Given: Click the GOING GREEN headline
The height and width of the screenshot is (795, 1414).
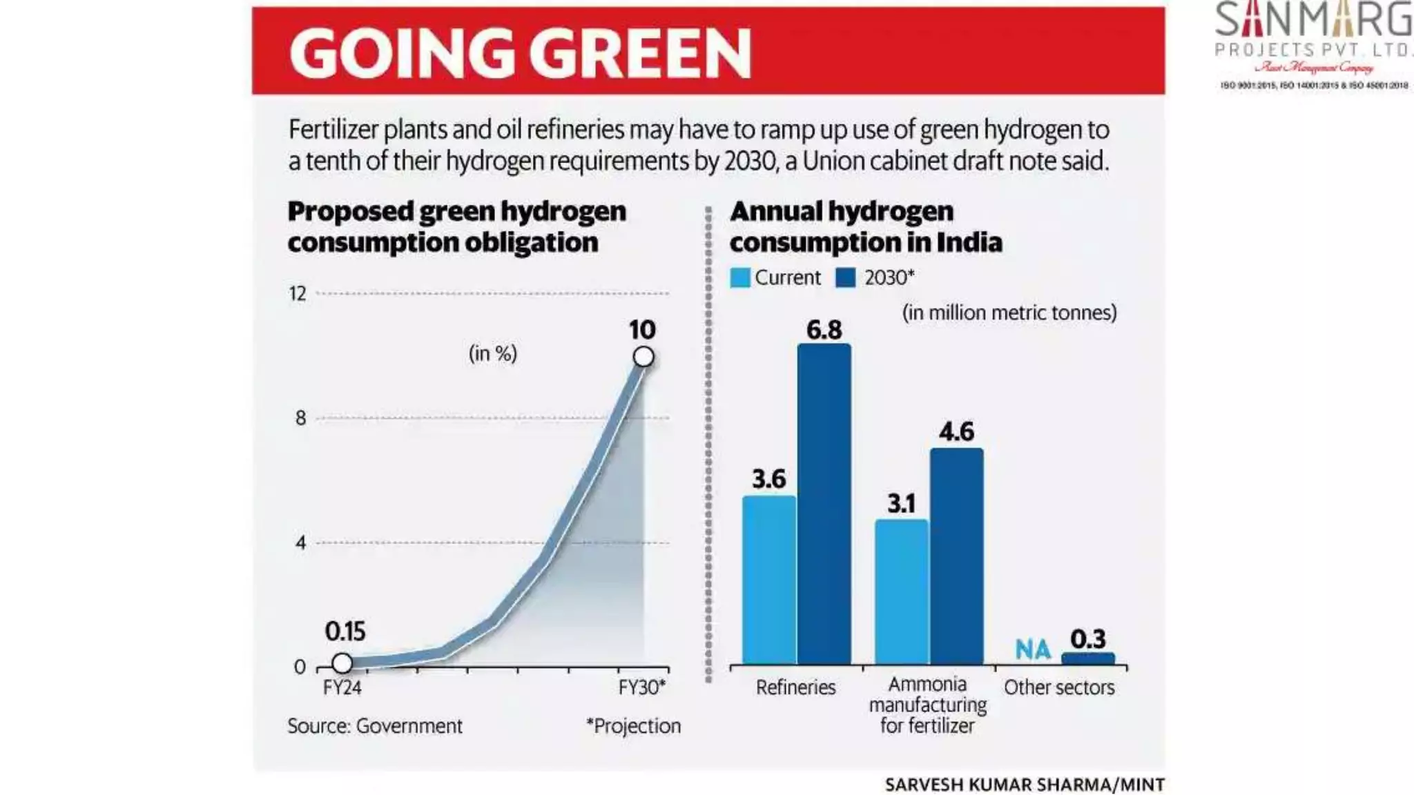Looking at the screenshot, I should tap(521, 53).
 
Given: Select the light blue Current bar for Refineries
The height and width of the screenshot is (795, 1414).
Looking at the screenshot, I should tap(769, 580).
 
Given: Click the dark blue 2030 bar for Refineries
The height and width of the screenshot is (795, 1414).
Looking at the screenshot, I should tap(824, 504).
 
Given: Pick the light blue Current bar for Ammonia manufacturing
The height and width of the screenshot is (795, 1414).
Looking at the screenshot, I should tap(902, 591).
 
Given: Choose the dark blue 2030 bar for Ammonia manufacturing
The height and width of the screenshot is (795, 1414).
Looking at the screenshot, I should tap(957, 556).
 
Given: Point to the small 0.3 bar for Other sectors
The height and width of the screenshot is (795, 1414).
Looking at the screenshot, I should tap(1088, 658).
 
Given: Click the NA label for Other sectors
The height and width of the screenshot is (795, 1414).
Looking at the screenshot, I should tap(1033, 649).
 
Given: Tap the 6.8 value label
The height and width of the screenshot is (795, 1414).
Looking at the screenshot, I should tap(824, 330).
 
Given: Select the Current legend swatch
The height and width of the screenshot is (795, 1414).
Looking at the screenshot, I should tap(740, 277).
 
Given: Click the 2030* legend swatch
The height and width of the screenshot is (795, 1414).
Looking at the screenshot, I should tap(846, 277).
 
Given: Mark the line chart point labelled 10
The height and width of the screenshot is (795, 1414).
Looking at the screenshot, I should tap(643, 357).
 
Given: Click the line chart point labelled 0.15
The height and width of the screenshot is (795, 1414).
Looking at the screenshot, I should tap(342, 663).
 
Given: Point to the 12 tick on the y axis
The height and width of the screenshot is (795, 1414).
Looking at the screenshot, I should tap(298, 294).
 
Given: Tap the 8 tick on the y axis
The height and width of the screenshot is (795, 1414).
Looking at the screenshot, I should tap(300, 418).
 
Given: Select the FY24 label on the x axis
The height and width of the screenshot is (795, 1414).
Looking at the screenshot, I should tap(342, 688).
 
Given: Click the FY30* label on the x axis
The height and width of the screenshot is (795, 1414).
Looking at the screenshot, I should tap(641, 688).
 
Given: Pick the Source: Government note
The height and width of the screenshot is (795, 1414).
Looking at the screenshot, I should tap(375, 726).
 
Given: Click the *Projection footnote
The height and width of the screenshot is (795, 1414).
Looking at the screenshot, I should tap(633, 726).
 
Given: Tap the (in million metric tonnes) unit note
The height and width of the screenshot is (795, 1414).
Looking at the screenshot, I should tap(1009, 313).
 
